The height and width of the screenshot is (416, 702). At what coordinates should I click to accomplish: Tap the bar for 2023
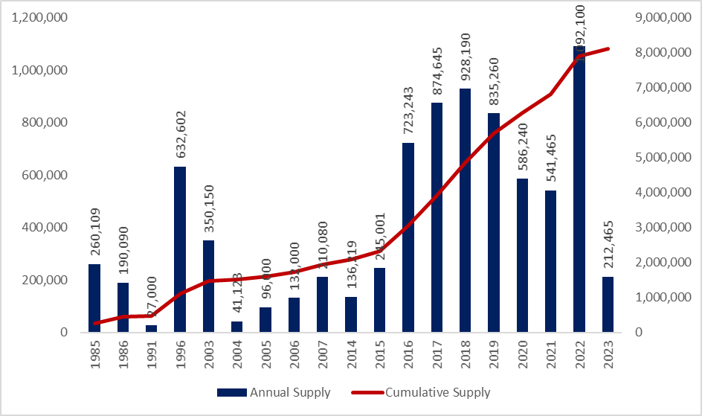click(x=608, y=304)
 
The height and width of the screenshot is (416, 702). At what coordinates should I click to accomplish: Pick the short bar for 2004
click(x=237, y=327)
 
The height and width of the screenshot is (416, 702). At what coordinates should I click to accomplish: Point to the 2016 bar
click(x=408, y=237)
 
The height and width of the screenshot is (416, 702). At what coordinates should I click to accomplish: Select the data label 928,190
click(x=466, y=59)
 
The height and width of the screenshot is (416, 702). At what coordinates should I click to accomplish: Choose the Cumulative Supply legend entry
click(x=439, y=392)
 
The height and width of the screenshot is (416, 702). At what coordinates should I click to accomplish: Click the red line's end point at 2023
click(x=608, y=49)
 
